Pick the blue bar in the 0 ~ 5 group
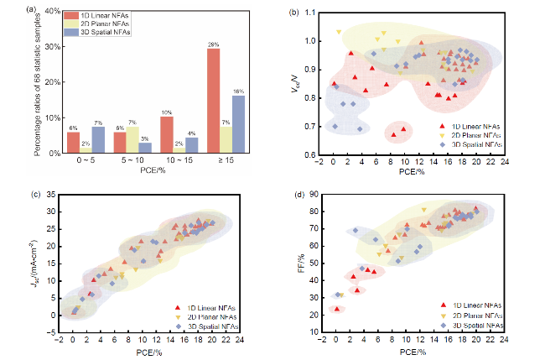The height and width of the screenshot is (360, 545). [98, 140]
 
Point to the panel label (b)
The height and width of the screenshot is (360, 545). [294, 12]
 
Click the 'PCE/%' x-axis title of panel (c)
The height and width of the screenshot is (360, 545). [149, 352]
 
